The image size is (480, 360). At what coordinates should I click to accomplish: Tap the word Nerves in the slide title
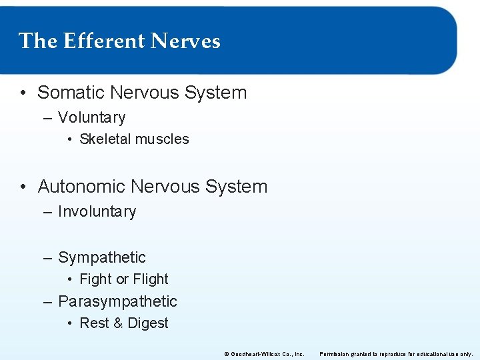[185, 41]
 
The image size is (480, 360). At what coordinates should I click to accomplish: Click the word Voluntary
[91, 118]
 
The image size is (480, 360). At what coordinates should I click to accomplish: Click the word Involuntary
[97, 212]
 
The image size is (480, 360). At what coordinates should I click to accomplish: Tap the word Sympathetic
[101, 257]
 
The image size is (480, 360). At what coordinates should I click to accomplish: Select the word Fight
[95, 279]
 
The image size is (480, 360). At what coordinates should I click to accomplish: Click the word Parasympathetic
[117, 301]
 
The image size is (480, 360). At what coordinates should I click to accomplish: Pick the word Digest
[148, 323]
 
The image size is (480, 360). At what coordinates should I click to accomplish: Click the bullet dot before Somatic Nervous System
[23, 93]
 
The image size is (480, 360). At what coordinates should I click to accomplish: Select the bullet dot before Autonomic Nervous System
[23, 187]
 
